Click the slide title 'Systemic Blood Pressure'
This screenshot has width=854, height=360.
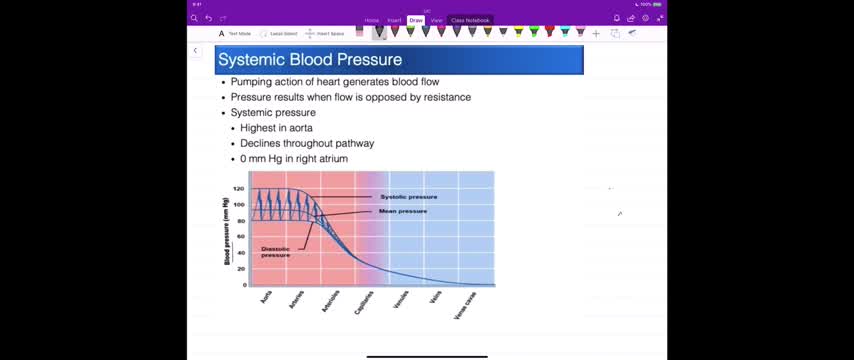pyautogui.click(x=309, y=60)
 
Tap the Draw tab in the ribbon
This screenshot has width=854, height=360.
pyautogui.click(x=416, y=20)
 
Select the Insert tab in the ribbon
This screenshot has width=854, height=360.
pyautogui.click(x=394, y=20)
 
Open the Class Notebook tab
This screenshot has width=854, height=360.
pyautogui.click(x=470, y=20)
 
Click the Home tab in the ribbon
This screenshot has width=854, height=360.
pyautogui.click(x=372, y=20)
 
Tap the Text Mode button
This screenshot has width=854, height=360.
pyautogui.click(x=235, y=33)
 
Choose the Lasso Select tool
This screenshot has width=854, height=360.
pyautogui.click(x=279, y=33)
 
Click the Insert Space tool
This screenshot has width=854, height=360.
pyautogui.click(x=325, y=33)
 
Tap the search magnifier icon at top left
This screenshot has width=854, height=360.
pyautogui.click(x=194, y=18)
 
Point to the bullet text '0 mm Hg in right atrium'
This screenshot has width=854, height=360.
pyautogui.click(x=294, y=158)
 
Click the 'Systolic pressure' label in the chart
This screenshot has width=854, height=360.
pyautogui.click(x=408, y=197)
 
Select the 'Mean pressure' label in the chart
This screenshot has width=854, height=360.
pyautogui.click(x=403, y=211)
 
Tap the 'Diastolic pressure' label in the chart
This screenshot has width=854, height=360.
pyautogui.click(x=276, y=252)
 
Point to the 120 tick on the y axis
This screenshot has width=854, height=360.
pyautogui.click(x=239, y=188)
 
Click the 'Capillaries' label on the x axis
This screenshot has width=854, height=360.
pyautogui.click(x=364, y=303)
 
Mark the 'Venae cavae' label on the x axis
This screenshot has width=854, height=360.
pyautogui.click(x=465, y=306)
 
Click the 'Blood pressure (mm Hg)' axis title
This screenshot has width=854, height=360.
pyautogui.click(x=226, y=232)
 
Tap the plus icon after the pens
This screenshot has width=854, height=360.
pyautogui.click(x=596, y=33)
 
